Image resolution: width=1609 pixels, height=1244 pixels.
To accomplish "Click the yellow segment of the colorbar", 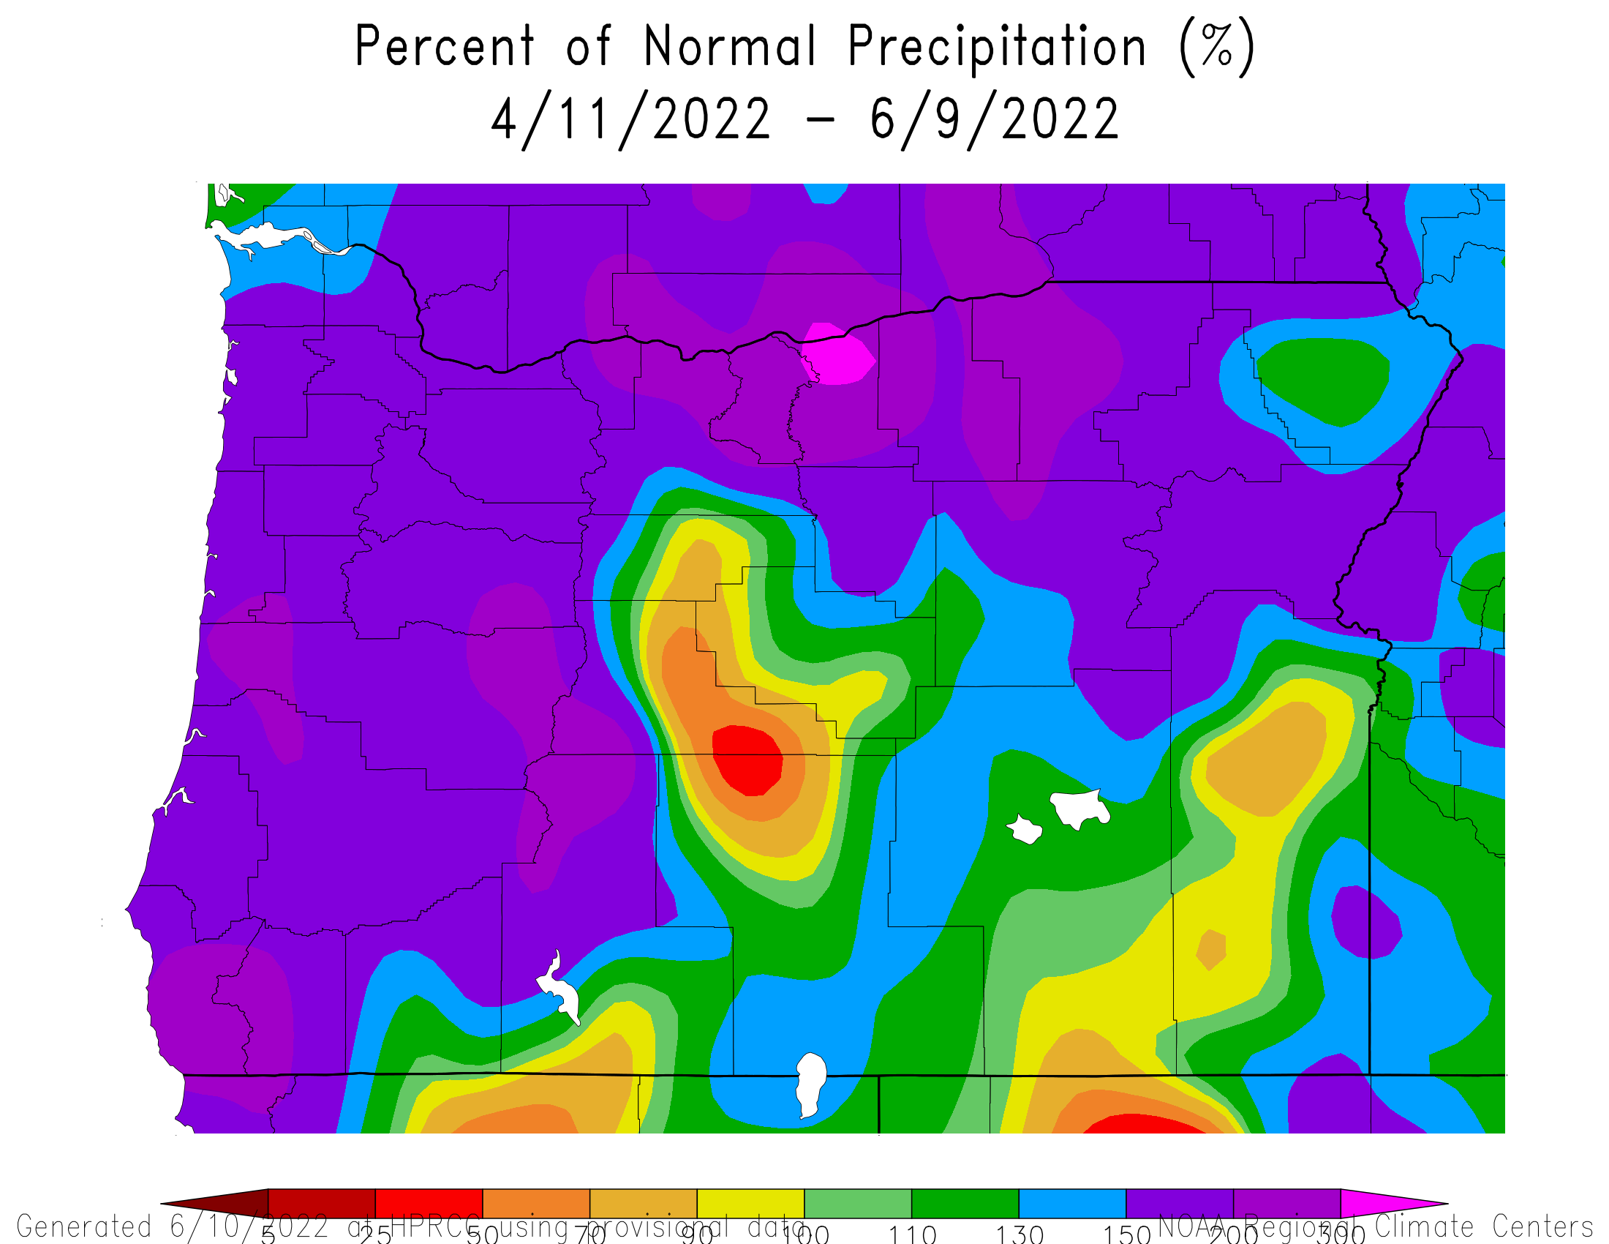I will (750, 1204).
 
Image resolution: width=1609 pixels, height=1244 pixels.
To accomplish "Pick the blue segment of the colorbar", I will (1072, 1204).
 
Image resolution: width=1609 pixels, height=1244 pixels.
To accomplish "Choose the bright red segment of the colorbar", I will (429, 1204).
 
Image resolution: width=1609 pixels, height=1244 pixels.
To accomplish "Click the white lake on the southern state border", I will (811, 1083).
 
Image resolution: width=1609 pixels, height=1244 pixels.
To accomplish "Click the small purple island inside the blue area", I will (1365, 922).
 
